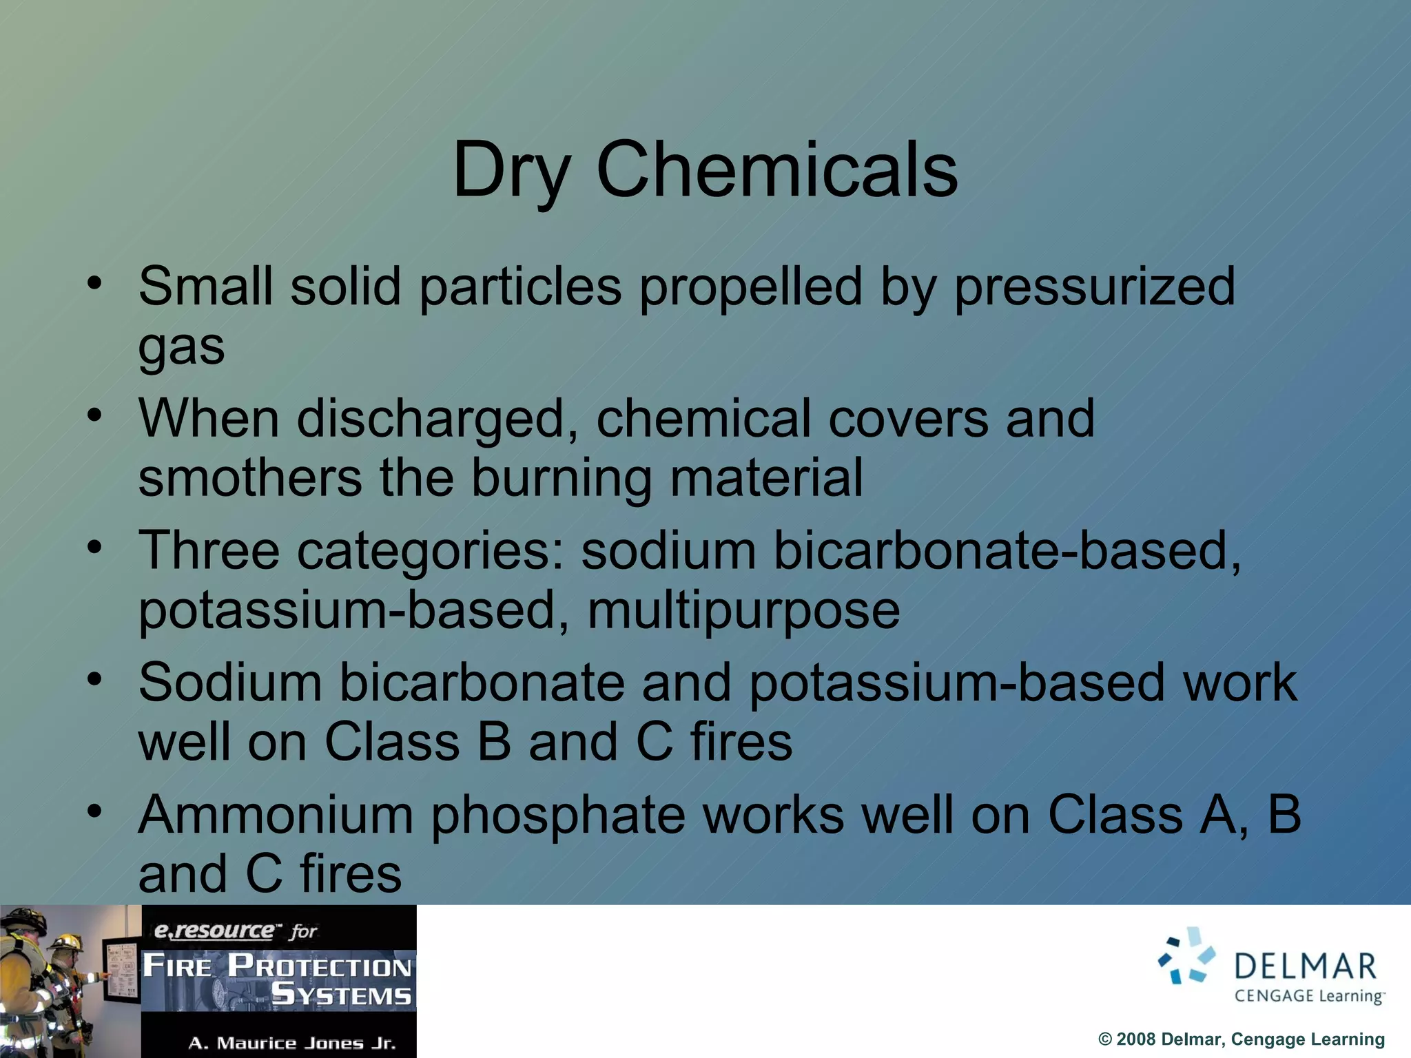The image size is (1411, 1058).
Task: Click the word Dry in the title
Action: click(x=511, y=170)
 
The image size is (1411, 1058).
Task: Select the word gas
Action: click(x=181, y=346)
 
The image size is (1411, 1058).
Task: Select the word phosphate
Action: click(x=558, y=815)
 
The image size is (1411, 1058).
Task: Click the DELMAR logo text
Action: click(x=1305, y=966)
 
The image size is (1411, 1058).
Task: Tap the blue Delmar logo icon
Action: click(x=1186, y=957)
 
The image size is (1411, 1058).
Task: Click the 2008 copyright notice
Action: click(x=1241, y=1039)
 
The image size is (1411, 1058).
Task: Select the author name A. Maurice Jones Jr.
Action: click(x=292, y=1043)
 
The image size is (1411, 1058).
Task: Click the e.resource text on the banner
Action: click(x=214, y=931)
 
